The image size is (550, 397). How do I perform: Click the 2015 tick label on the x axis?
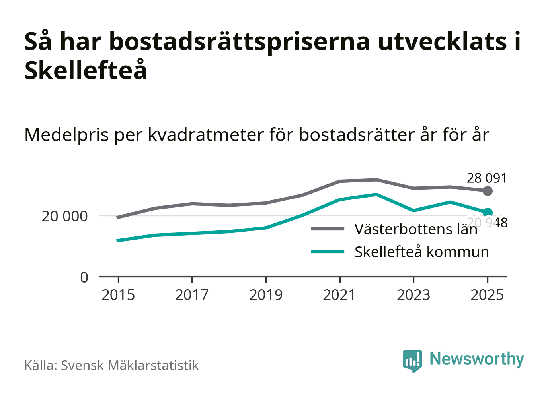point(118,295)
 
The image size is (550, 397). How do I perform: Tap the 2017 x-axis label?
point(192,295)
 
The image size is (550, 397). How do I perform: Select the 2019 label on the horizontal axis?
point(266,295)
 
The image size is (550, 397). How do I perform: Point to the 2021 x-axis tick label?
point(339,295)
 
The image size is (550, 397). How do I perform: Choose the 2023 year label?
point(413,295)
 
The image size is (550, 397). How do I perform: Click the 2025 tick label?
point(487,295)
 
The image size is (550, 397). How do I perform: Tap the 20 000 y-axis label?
point(64,216)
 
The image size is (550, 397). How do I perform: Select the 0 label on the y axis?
point(84,277)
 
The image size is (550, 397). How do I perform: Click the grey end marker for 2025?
point(488,191)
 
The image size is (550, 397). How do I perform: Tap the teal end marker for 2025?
point(488,213)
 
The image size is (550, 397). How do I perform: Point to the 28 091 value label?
point(487,178)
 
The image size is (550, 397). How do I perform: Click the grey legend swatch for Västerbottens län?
point(328,229)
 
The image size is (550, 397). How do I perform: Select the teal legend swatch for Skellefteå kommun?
point(328,252)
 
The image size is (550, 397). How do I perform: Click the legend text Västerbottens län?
point(416,229)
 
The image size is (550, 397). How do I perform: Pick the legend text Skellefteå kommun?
point(421,252)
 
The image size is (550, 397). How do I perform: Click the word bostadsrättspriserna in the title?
point(240,41)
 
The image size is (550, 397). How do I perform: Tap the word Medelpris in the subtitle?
point(66,135)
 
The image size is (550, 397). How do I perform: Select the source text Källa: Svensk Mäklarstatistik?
point(111,365)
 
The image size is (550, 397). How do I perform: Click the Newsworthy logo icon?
point(412,360)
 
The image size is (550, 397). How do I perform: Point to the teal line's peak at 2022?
point(376,194)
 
